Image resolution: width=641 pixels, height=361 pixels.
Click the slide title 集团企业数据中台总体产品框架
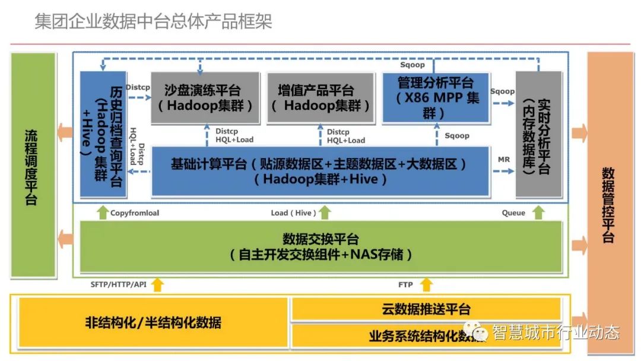pyautogui.click(x=153, y=22)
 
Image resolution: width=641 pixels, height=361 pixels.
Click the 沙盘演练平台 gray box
pyautogui.click(x=205, y=98)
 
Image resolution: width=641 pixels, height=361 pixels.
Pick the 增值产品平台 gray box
pyautogui.click(x=320, y=98)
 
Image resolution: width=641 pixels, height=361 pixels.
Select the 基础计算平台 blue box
pyautogui.click(x=320, y=171)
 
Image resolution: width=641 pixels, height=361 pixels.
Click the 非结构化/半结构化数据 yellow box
pyautogui.click(x=153, y=324)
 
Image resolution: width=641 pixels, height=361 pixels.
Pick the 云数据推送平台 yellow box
pyautogui.click(x=426, y=309)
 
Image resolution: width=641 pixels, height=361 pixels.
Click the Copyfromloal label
pyautogui.click(x=135, y=213)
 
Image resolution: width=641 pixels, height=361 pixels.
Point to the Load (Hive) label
pyautogui.click(x=291, y=213)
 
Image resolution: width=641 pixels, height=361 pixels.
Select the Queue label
pyautogui.click(x=513, y=213)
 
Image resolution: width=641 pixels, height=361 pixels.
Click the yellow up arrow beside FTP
pyautogui.click(x=426, y=285)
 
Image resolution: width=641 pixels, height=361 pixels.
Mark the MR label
pyautogui.click(x=504, y=160)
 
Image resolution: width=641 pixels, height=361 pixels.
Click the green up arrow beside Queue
pyautogui.click(x=538, y=213)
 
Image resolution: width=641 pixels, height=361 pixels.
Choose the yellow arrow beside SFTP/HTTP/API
pyautogui.click(x=157, y=285)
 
